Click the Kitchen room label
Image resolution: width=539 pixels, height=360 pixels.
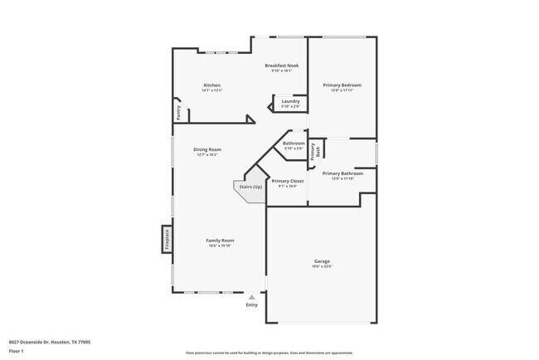coord(212,85)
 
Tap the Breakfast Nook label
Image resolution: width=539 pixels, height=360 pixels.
coord(281,66)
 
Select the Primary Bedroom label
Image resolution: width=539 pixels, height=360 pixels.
coord(342,85)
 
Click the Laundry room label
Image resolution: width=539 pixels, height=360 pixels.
coord(290,101)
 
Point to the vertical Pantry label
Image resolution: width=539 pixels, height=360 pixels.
coord(177,110)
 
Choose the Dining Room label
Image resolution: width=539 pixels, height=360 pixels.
coord(207,149)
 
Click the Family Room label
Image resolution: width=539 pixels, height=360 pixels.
coord(220,241)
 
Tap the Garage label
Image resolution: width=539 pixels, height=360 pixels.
coord(321,261)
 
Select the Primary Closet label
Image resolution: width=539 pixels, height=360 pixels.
coord(288,181)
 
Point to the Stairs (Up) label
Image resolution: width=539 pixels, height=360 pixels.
coord(250,187)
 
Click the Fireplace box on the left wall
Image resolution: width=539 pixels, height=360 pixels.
coord(167,239)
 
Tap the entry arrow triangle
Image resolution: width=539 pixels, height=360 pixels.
coord(252,296)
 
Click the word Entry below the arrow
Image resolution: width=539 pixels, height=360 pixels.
coord(252,304)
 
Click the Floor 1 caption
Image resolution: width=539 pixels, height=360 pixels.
coord(17,350)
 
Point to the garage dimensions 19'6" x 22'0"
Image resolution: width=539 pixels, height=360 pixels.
coord(321,266)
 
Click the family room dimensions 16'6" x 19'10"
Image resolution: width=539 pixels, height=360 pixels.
coord(220,246)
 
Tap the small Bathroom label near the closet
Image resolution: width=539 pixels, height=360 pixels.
coord(294,144)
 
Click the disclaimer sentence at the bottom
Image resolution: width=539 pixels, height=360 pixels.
coord(269,352)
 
